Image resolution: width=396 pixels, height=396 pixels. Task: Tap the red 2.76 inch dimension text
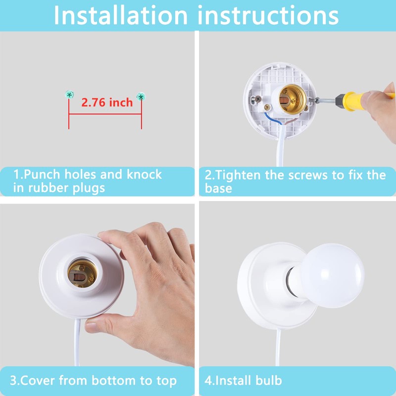coord(107,102)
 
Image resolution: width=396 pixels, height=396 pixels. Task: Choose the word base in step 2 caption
coord(218,189)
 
